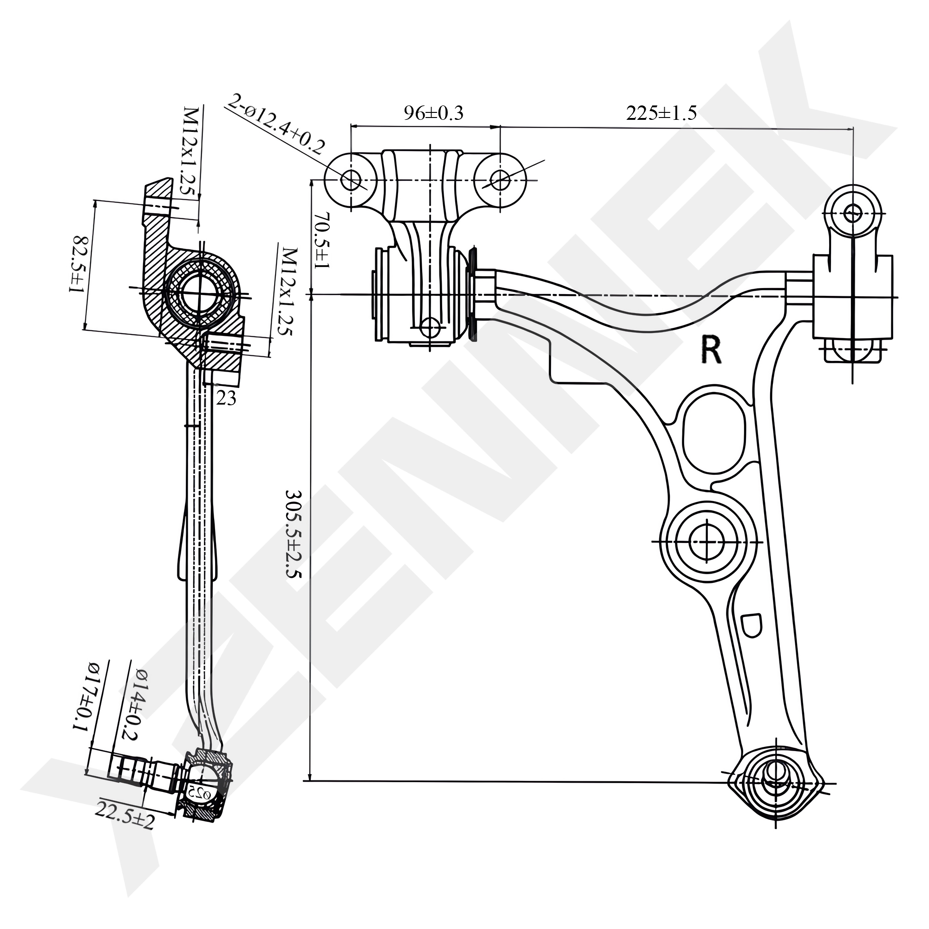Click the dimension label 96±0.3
tap(433, 113)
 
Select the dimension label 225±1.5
tap(661, 113)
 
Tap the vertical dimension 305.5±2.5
tap(292, 534)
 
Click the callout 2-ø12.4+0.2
tap(277, 124)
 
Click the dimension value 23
tap(226, 398)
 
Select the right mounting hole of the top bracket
tap(500, 180)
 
